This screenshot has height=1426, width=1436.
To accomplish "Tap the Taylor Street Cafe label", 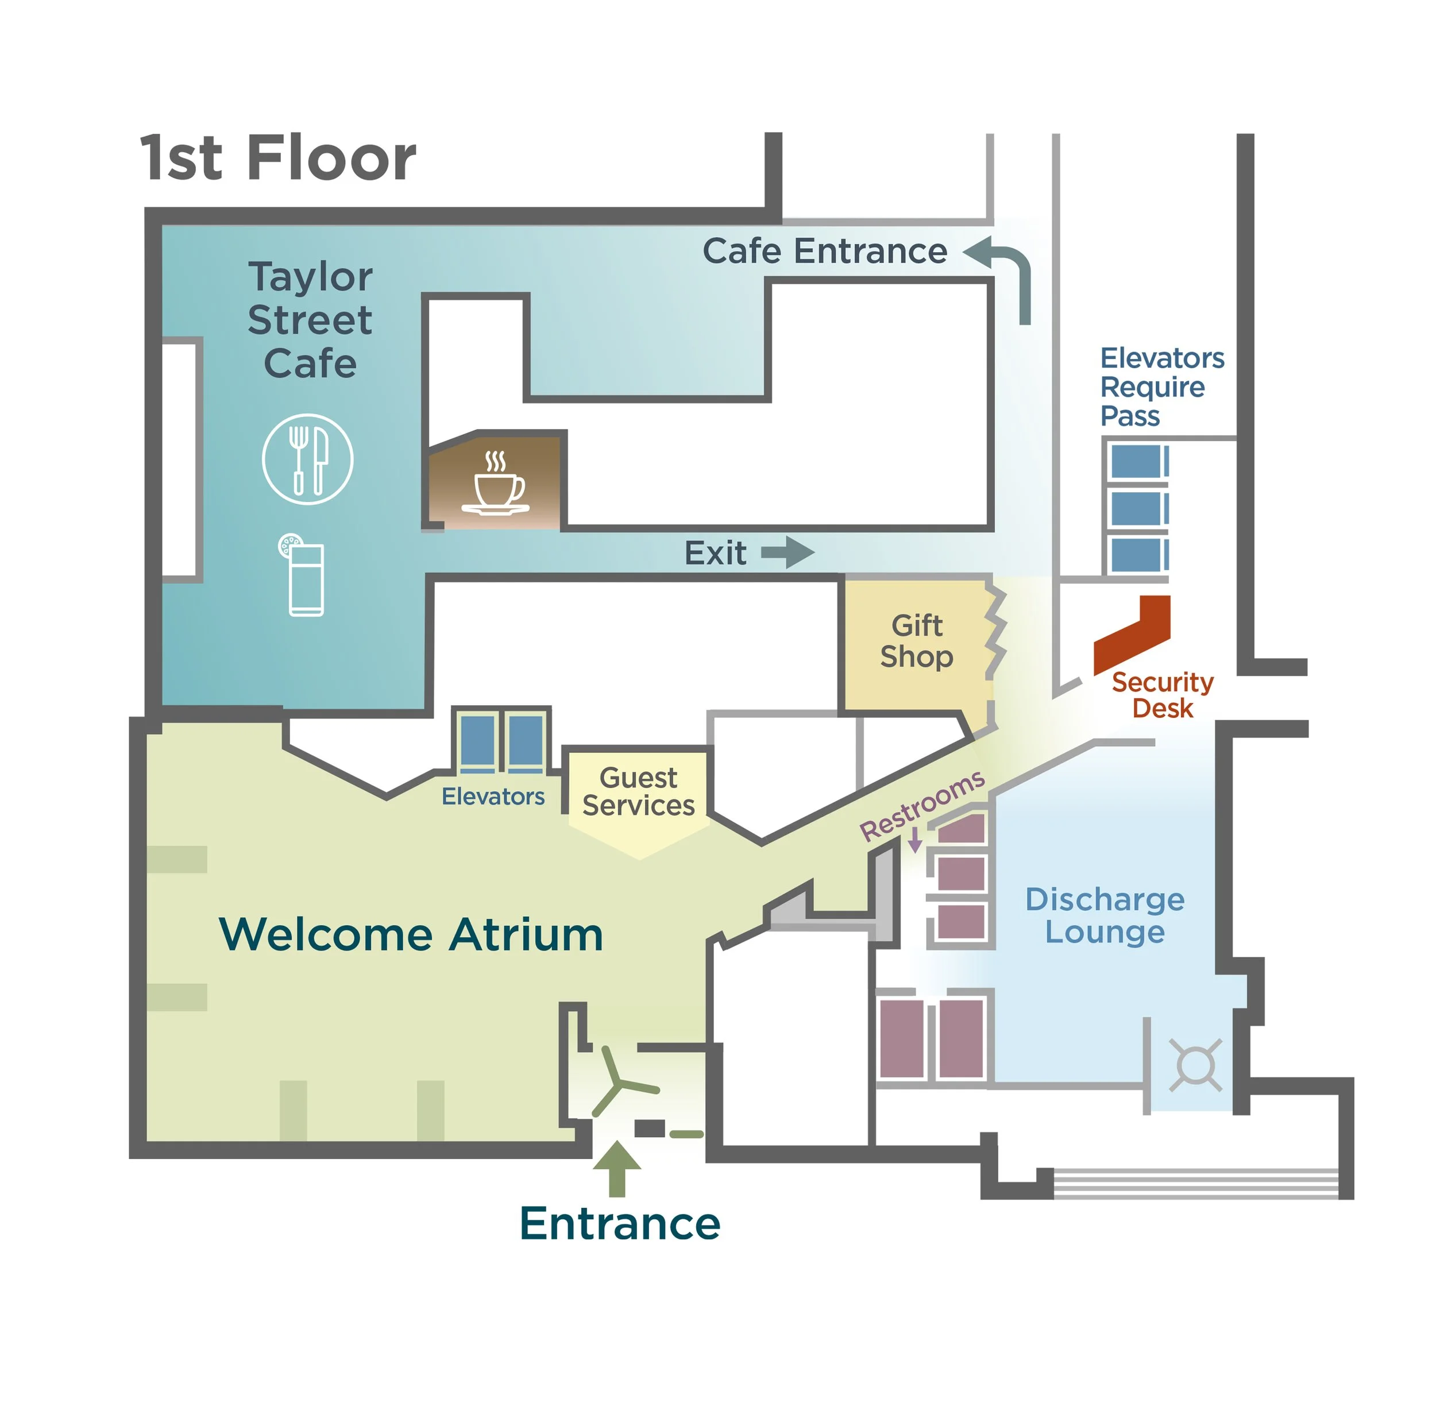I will pyautogui.click(x=310, y=320).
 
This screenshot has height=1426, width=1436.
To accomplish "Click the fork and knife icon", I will pyautogui.click(x=308, y=459).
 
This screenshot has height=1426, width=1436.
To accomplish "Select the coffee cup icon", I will pyautogui.click(x=496, y=485).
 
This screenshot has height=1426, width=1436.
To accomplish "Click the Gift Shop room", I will pyautogui.click(x=916, y=642).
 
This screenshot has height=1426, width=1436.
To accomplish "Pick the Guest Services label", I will pyautogui.click(x=639, y=791).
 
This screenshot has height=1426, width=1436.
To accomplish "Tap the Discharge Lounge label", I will pyautogui.click(x=1105, y=915).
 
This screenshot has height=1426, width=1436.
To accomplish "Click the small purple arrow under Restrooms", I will pyautogui.click(x=916, y=840).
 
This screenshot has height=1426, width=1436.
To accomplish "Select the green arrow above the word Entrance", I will pyautogui.click(x=617, y=1168).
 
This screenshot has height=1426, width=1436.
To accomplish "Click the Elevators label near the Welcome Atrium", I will pyautogui.click(x=493, y=797).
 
